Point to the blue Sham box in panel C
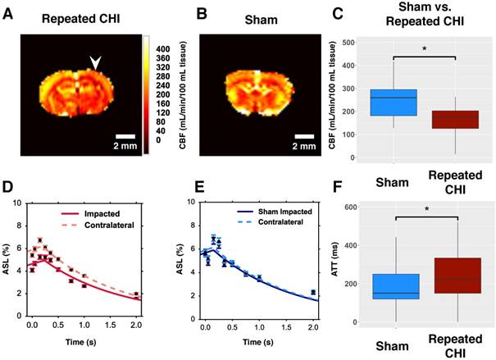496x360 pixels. (x=394, y=103)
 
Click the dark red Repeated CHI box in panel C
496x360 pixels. (x=455, y=120)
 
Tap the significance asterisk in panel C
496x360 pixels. (x=424, y=49)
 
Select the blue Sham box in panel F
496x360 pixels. (x=394, y=286)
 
